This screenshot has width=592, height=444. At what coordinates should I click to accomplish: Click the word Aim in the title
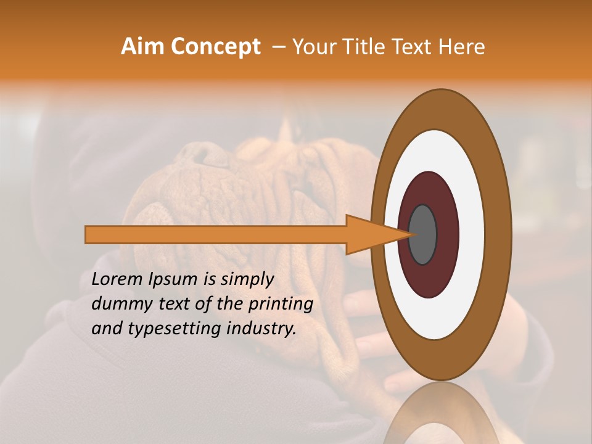142,47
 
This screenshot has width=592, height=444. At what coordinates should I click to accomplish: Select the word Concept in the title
215,47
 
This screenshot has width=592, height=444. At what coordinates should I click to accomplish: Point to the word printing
280,305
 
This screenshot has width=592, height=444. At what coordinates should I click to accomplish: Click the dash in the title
278,47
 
